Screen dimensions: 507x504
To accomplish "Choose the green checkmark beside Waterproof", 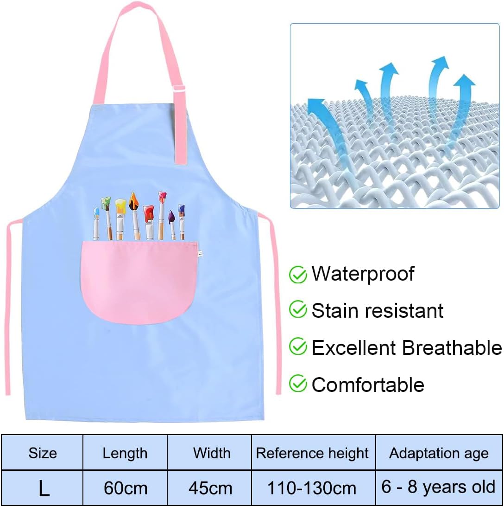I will point(298,275).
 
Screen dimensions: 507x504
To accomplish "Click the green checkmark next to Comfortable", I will point(298,384).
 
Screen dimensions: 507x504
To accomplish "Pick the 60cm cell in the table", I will point(125,488).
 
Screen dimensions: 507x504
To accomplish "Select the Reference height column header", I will point(313,453).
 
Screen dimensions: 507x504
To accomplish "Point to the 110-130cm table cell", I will point(313,488).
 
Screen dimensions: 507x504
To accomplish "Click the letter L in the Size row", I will point(44,488).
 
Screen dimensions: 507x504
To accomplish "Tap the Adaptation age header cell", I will point(439,453).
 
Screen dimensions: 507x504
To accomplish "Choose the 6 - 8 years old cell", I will point(439,487).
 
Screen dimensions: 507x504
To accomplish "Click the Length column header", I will point(125,453).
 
